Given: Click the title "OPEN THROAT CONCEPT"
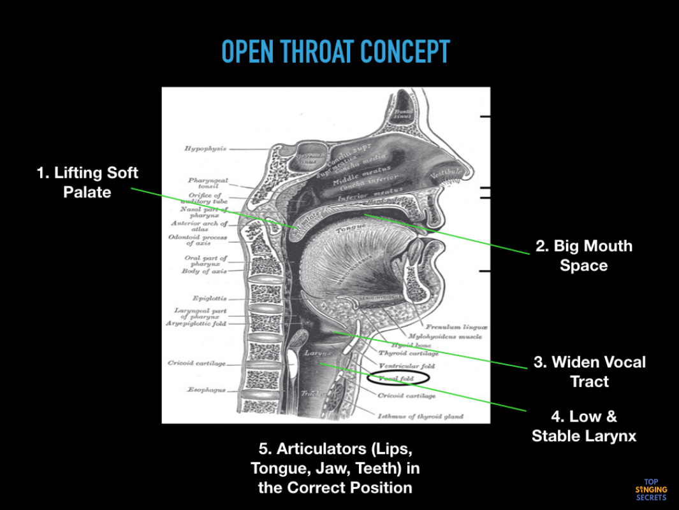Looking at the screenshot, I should click(x=335, y=52).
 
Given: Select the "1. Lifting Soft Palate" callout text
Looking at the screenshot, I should click(x=87, y=182).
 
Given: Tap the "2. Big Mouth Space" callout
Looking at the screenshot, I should click(x=584, y=255).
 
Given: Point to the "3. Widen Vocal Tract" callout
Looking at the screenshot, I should click(x=590, y=371).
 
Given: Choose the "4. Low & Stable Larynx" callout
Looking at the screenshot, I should click(x=584, y=426).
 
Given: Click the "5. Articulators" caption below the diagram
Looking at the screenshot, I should click(x=335, y=469).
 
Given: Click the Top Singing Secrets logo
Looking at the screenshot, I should click(x=651, y=490).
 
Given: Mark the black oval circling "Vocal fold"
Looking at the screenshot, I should click(x=399, y=378).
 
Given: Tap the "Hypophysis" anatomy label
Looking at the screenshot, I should click(x=205, y=148).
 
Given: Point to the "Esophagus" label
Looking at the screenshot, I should click(x=206, y=390).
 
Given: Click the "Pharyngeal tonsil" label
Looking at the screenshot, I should click(x=208, y=183).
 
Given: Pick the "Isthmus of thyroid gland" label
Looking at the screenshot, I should click(x=420, y=416).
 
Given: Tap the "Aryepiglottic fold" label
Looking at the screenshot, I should click(x=196, y=323).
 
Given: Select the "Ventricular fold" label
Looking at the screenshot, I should click(x=407, y=366).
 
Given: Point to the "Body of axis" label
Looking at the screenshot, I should click(x=204, y=271).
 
